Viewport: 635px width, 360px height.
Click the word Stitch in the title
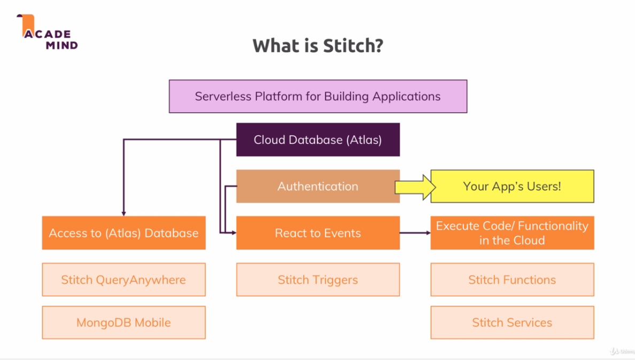point(353,46)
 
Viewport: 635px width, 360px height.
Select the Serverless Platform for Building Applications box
point(317,96)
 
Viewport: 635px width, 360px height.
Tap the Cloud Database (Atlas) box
point(317,140)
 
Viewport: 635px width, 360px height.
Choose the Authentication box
point(317,186)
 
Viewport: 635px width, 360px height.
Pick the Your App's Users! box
point(512,187)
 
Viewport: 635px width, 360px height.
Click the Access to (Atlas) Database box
point(123,233)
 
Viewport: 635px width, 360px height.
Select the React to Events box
point(317,233)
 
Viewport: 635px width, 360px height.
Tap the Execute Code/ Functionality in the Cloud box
point(512,233)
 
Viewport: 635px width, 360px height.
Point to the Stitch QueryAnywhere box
point(123,280)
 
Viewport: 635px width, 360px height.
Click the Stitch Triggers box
point(317,280)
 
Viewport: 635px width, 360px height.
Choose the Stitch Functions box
point(512,280)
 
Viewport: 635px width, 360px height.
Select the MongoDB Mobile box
point(123,323)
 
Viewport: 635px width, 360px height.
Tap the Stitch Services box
point(512,323)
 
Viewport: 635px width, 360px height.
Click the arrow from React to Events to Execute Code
point(415,233)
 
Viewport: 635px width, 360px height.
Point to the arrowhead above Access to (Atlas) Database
point(123,213)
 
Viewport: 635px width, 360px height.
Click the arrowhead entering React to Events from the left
point(233,233)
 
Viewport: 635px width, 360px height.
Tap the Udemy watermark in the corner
point(621,351)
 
